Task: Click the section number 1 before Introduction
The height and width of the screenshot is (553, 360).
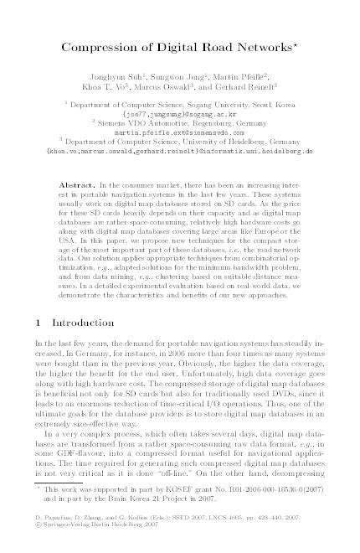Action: [x=39, y=369]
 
